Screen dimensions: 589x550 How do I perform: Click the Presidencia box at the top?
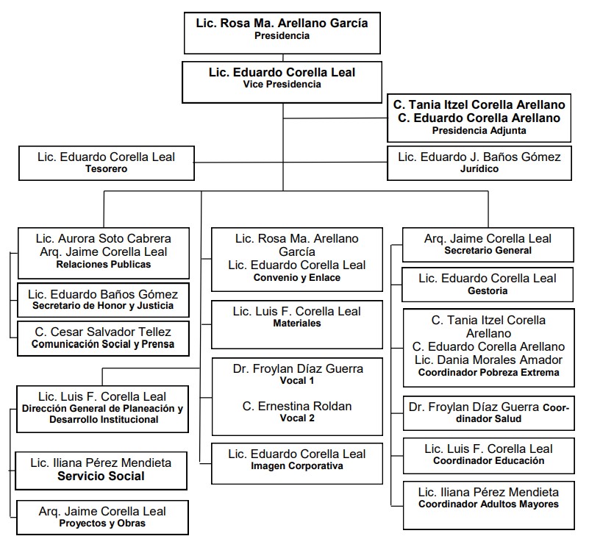(x=282, y=33)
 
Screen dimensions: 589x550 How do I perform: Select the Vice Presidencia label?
(x=282, y=84)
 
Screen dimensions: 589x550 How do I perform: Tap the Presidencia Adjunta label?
(x=479, y=131)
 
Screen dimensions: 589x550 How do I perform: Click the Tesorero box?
(x=107, y=163)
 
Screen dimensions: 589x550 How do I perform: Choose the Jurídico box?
(x=479, y=163)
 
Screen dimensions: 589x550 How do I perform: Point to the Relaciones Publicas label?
(x=103, y=265)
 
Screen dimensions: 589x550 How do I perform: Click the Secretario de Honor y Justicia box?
(x=103, y=300)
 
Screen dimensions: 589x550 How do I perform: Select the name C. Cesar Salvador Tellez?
(x=103, y=332)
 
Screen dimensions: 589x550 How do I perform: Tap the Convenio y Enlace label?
(x=297, y=278)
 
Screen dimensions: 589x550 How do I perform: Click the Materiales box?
(x=297, y=324)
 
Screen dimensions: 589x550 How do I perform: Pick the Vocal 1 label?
(x=297, y=381)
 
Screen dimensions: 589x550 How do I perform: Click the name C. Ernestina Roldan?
(x=297, y=406)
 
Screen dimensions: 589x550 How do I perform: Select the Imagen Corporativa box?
(x=297, y=463)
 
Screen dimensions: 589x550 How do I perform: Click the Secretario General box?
(x=488, y=245)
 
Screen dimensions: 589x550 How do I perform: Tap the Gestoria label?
(x=488, y=290)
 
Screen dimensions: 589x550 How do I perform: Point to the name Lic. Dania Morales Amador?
(x=488, y=360)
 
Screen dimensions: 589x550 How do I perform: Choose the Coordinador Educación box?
(x=489, y=456)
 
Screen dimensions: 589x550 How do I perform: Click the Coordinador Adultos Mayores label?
(x=488, y=504)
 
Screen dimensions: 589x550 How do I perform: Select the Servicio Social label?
(x=101, y=476)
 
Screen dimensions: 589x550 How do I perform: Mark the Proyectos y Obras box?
(x=102, y=518)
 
